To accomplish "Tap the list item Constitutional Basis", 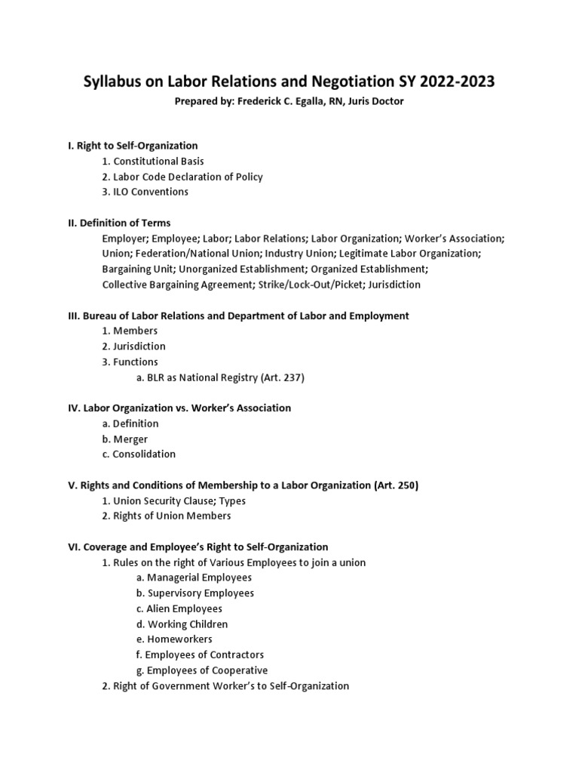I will point(158,161).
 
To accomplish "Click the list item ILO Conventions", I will point(151,192).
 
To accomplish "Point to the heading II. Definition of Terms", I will point(119,223).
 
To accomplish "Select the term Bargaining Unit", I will point(135,269).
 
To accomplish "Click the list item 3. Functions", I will point(130,362).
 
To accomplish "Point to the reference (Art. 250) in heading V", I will point(396,485).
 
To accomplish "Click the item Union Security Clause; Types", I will point(179,500).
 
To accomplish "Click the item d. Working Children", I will point(182,624).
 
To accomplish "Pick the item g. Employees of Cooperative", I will point(202,670).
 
